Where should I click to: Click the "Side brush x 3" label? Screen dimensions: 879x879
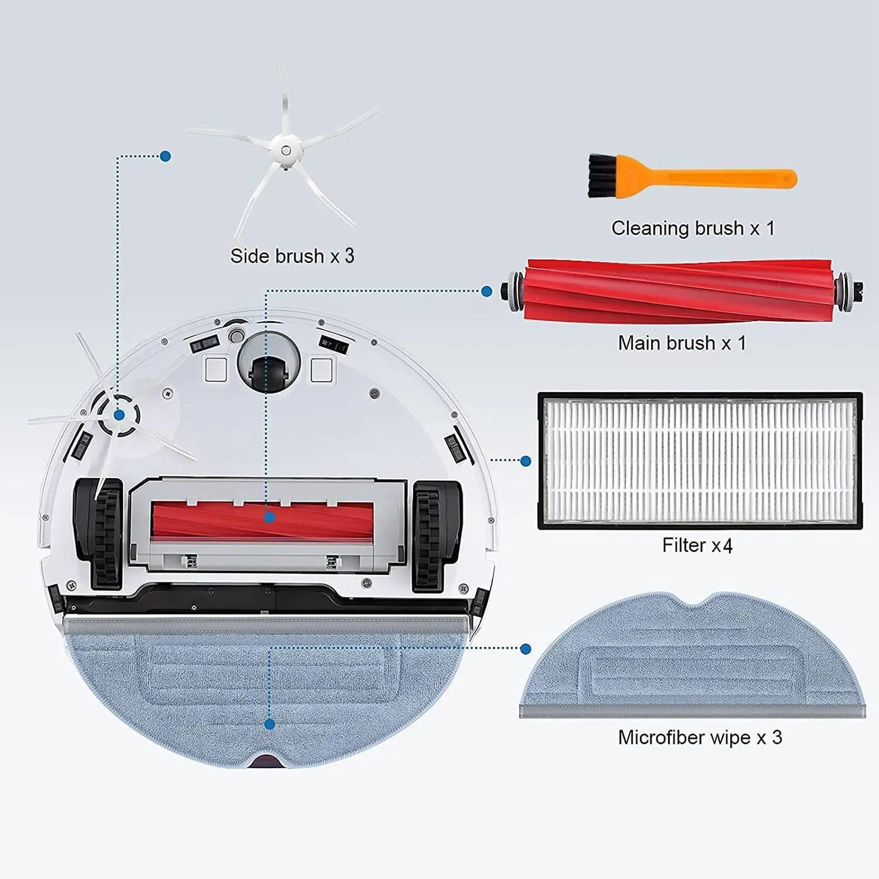292,256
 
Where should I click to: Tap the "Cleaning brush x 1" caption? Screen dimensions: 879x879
693,228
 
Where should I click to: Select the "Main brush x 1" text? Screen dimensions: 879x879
682,343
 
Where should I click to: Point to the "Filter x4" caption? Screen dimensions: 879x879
697,545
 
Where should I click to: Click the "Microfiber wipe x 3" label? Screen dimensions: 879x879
700,737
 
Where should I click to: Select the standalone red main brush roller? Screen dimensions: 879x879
677,291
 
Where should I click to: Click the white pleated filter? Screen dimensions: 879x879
700,460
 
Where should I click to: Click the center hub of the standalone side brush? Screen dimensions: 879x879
285,150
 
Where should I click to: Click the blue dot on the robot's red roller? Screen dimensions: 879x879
269,517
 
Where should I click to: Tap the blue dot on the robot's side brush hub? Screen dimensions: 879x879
119,415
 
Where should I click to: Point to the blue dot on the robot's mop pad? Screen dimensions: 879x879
269,724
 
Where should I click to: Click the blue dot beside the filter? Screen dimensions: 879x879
526,461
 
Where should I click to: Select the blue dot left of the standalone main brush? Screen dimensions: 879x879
487,292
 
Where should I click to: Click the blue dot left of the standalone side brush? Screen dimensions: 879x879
165,156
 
